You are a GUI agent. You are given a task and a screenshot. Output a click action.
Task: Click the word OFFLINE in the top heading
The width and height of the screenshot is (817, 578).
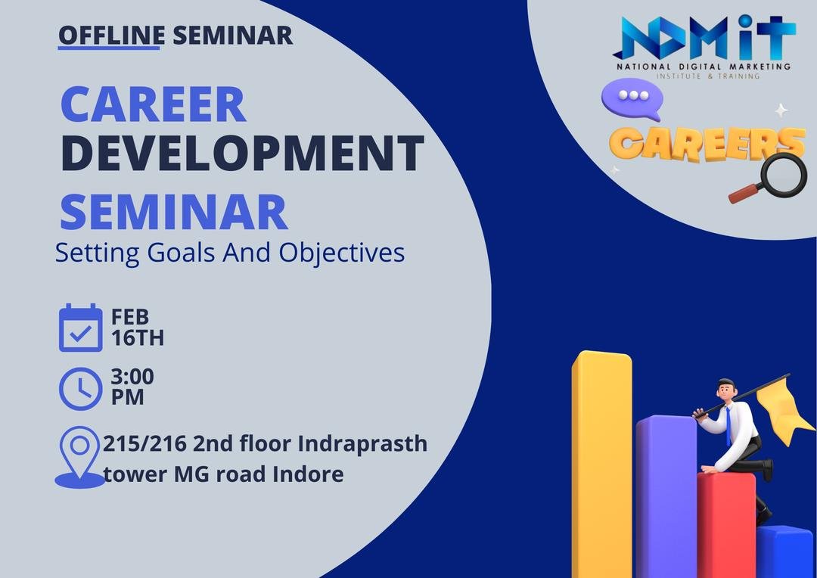pyautogui.click(x=111, y=36)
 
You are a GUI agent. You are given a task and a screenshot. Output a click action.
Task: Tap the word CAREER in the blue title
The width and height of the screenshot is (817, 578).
pyautogui.click(x=153, y=104)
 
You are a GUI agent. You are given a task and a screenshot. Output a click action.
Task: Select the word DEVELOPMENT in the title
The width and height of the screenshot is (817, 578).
pyautogui.click(x=242, y=154)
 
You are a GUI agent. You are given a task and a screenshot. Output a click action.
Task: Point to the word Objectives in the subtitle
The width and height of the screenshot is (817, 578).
pyautogui.click(x=342, y=253)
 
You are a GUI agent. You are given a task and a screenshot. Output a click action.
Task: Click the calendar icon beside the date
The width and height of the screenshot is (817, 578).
pyautogui.click(x=81, y=328)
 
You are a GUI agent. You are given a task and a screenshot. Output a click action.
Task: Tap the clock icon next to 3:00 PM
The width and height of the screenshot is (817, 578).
pyautogui.click(x=81, y=389)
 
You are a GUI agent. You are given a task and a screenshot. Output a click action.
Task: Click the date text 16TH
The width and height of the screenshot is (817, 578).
pyautogui.click(x=138, y=338)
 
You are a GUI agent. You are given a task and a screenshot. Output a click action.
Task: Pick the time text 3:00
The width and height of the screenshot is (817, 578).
pyautogui.click(x=132, y=376)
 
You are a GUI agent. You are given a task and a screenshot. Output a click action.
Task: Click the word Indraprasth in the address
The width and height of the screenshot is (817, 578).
pyautogui.click(x=362, y=444)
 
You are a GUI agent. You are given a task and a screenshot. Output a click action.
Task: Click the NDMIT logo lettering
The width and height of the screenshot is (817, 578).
pyautogui.click(x=704, y=38)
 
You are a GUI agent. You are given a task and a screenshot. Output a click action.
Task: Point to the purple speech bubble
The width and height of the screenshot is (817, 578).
pyautogui.click(x=632, y=99)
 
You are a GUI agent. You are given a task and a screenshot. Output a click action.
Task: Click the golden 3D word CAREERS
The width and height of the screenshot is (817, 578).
pyautogui.click(x=707, y=143)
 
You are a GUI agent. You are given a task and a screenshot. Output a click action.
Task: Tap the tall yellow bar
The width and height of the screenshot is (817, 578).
pyautogui.click(x=602, y=464)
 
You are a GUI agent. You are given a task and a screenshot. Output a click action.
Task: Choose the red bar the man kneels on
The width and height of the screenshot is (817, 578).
pyautogui.click(x=726, y=525)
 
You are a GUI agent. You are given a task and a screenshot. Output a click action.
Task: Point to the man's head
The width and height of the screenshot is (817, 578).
pyautogui.click(x=725, y=389)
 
